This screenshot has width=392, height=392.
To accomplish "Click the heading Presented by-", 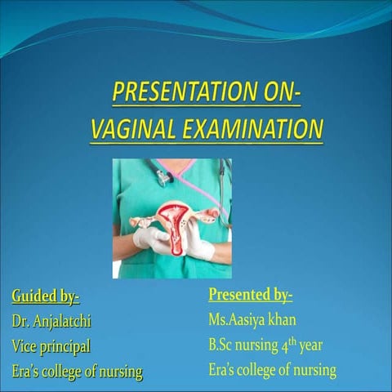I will (x=250, y=294).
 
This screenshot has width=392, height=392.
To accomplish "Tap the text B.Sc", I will (x=224, y=345).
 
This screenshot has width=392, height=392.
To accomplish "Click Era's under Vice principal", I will (x=28, y=372).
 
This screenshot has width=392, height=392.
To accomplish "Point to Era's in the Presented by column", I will (x=225, y=370).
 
